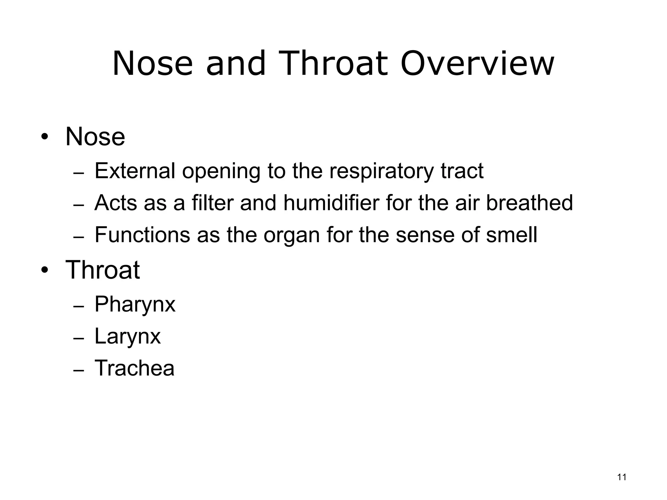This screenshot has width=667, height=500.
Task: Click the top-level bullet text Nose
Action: click(x=95, y=137)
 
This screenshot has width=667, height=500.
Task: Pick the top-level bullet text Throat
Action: click(x=103, y=270)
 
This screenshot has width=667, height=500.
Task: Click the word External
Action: click(x=135, y=171)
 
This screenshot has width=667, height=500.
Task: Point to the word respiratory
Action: click(x=381, y=171)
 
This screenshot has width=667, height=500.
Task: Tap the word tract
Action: click(x=462, y=171)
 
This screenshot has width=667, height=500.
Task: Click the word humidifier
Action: click(x=331, y=202)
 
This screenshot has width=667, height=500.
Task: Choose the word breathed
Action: click(x=529, y=202)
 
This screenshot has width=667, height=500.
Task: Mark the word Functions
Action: click(x=142, y=234)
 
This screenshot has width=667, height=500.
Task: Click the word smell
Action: click(x=511, y=234)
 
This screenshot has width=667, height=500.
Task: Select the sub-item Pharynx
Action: click(x=135, y=305)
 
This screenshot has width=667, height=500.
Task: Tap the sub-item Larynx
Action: click(x=127, y=337)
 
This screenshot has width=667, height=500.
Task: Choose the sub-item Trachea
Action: click(x=134, y=368)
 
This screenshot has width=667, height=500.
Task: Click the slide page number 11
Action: click(x=622, y=477)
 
